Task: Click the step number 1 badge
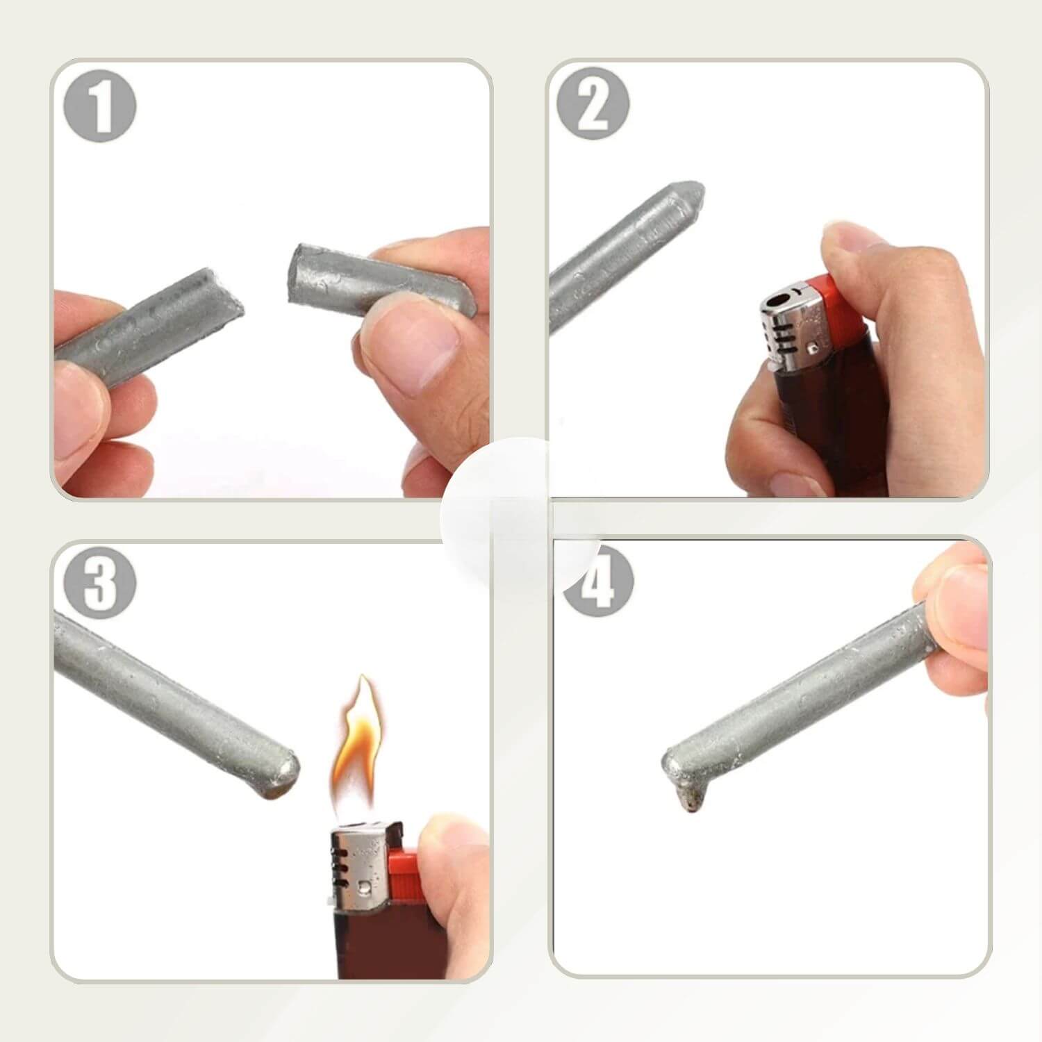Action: (x=100, y=106)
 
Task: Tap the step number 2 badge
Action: (x=593, y=104)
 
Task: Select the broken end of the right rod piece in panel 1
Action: (x=297, y=275)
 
